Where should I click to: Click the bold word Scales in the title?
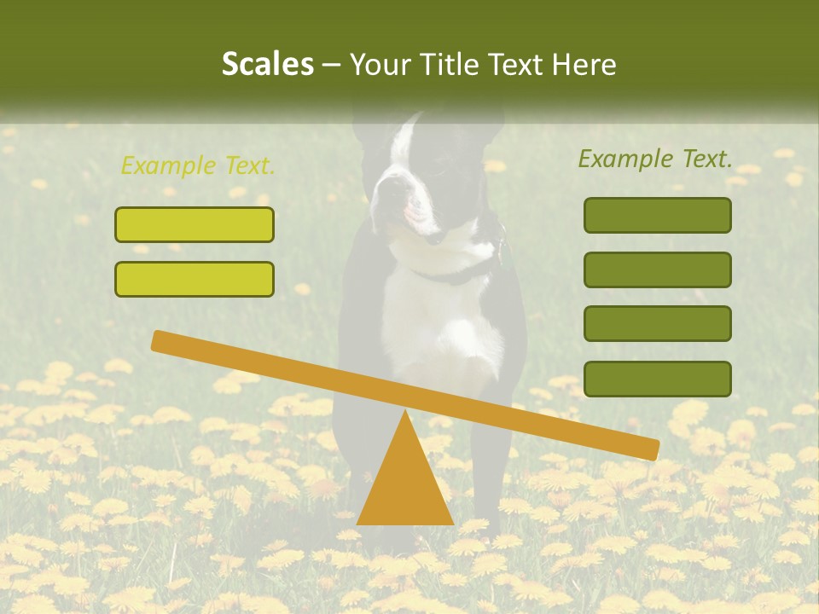point(267,64)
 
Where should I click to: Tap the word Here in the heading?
point(584,64)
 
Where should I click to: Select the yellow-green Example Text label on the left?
point(198,165)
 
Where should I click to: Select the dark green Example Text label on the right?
point(655,159)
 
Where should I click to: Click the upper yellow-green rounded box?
point(195,225)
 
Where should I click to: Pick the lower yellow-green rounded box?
point(195,279)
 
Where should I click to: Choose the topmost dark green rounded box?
point(657,215)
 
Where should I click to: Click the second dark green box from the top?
point(657,269)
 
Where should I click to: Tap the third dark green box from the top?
point(657,324)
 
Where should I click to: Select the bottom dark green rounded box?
point(657,379)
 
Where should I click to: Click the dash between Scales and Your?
point(331,65)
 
